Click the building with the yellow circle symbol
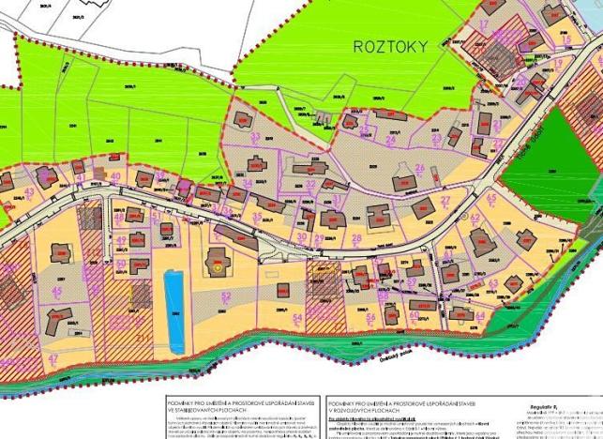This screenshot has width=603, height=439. tap(218, 266)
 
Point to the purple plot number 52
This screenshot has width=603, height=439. tap(225, 296)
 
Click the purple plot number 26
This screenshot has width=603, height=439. tap(420, 169)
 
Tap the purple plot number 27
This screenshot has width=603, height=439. tap(445, 201)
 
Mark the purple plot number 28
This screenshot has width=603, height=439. tap(357, 238)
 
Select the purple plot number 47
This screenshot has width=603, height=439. tap(53, 358)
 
